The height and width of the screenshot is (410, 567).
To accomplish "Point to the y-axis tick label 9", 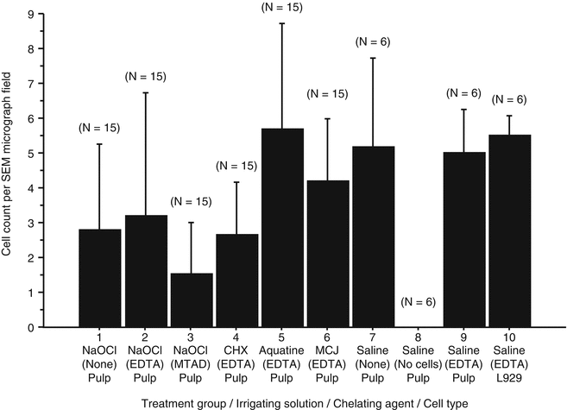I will pos(31,14).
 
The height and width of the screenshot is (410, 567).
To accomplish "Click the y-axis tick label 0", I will pos(31,328).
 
